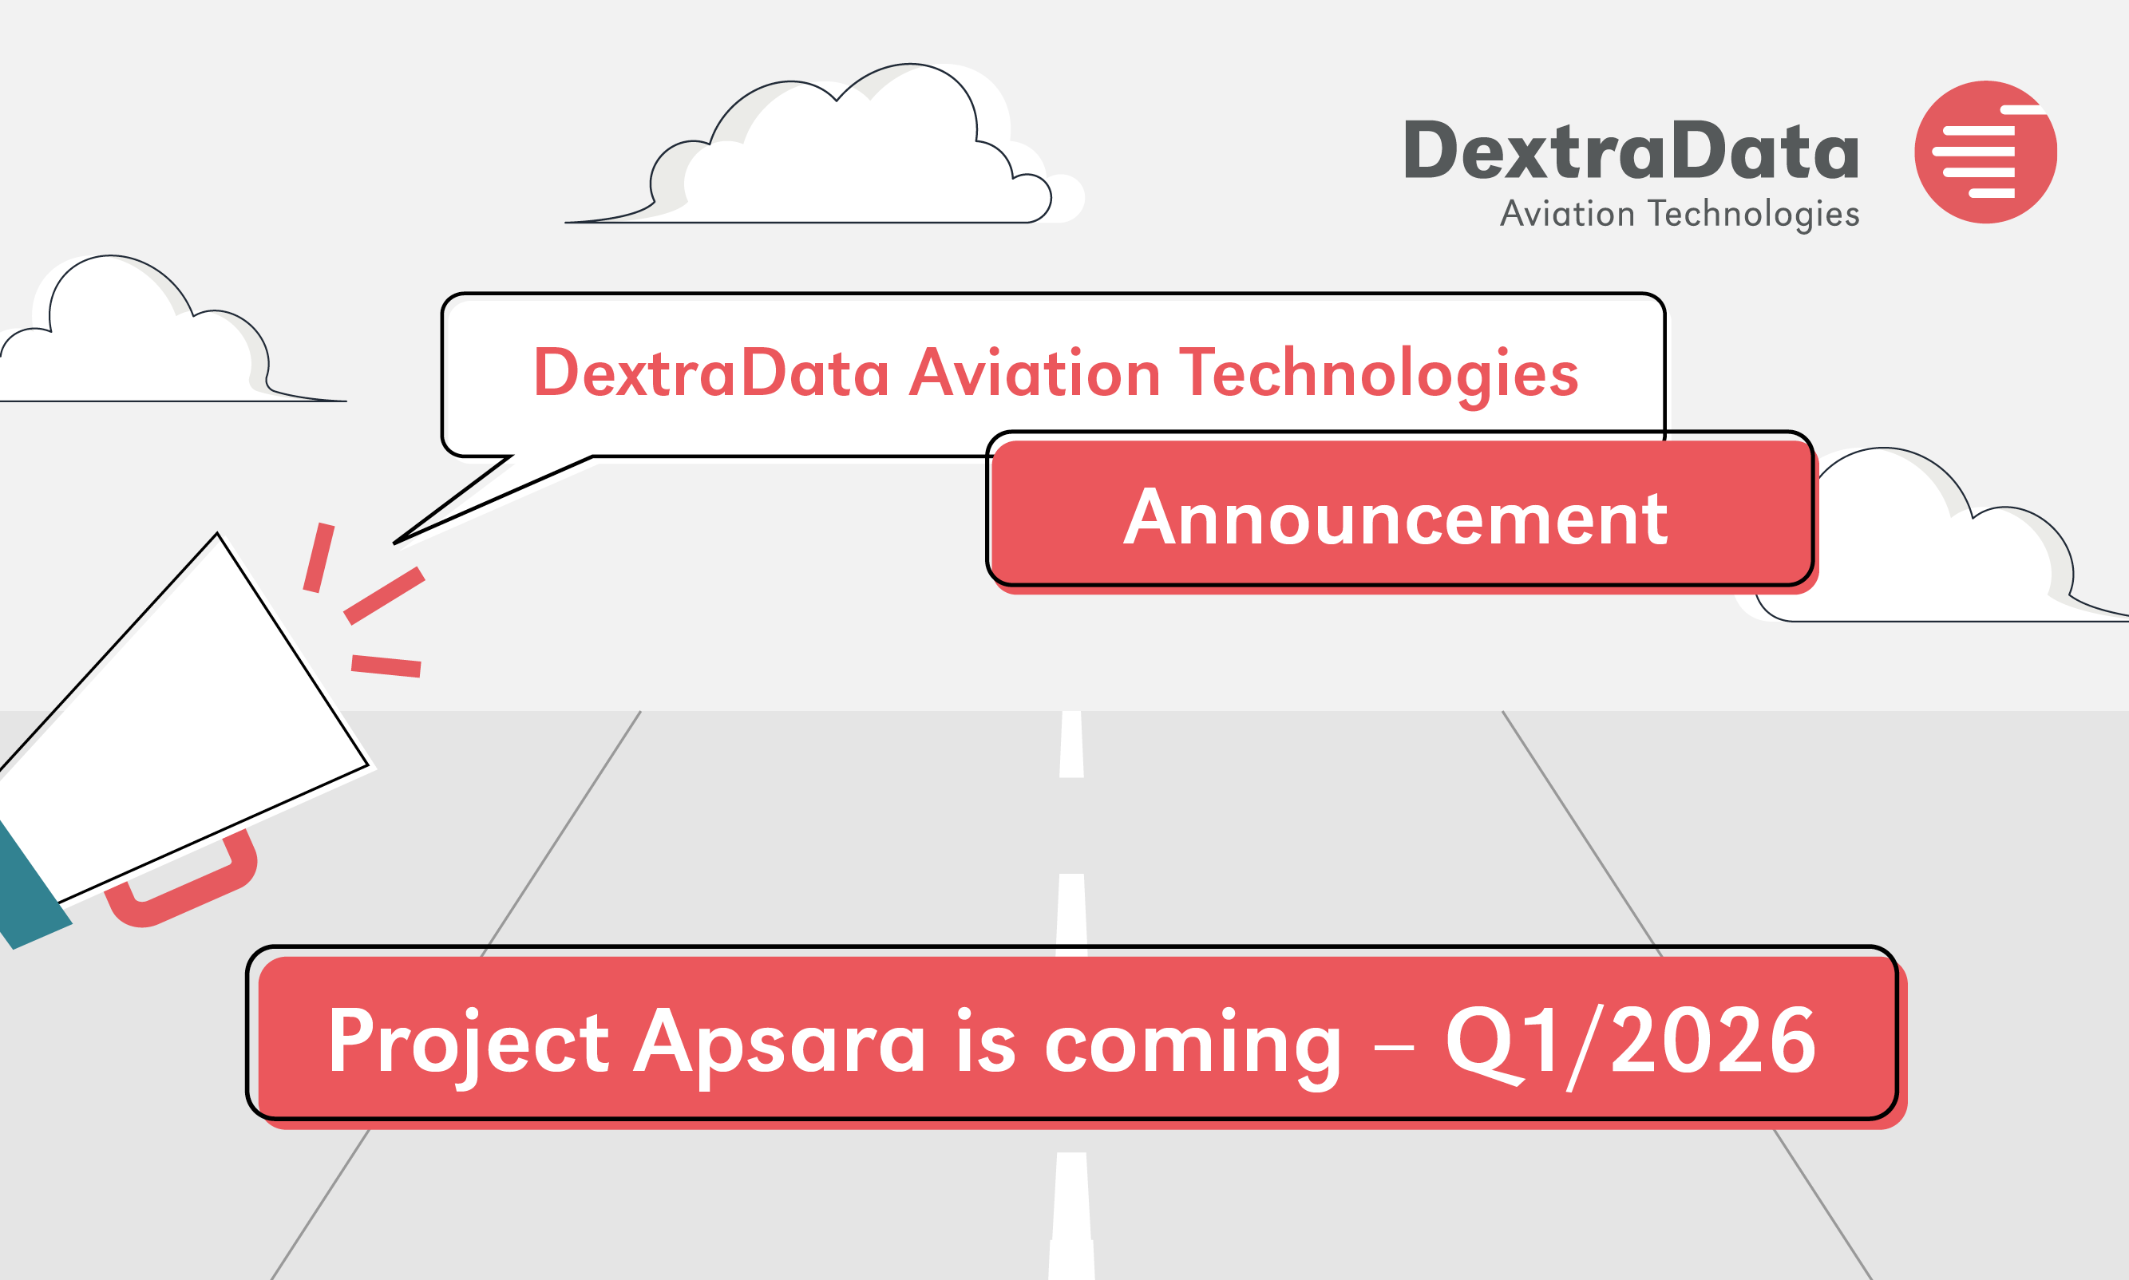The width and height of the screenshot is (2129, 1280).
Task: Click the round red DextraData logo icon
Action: (x=1985, y=152)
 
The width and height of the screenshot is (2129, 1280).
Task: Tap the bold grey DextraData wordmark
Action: (x=1631, y=151)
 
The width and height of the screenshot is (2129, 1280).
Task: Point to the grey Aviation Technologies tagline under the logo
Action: (x=1680, y=214)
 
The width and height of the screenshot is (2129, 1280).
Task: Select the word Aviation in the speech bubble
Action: (x=1035, y=373)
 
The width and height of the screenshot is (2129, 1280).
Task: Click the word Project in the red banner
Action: (x=469, y=1045)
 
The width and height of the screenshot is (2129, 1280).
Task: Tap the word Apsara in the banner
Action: (x=780, y=1045)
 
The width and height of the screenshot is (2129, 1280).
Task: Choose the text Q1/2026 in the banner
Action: (x=1631, y=1043)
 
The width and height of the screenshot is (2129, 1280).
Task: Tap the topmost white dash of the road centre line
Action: (x=1071, y=744)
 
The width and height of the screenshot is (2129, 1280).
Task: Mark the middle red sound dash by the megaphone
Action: (x=385, y=595)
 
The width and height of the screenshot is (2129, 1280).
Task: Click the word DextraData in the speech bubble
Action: (x=712, y=373)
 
